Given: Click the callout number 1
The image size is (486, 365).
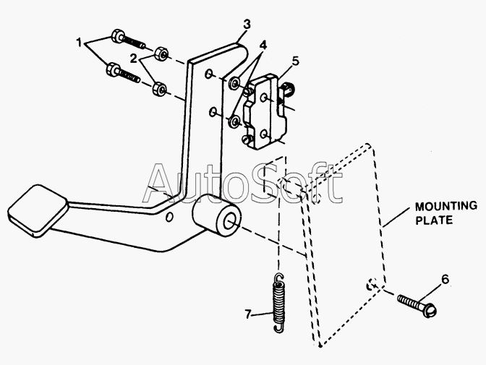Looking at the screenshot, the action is [x=80, y=42].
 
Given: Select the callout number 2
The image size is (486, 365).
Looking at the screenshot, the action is [x=133, y=58].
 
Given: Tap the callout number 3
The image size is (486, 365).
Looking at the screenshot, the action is [x=247, y=24].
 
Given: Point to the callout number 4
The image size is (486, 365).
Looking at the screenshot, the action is [x=263, y=46].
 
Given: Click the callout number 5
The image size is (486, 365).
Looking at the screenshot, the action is [x=296, y=61].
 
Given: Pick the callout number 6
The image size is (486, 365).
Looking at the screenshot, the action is [x=445, y=280].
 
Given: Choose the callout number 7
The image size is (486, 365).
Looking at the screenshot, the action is [x=247, y=314].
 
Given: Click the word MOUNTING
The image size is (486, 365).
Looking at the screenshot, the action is [x=446, y=206].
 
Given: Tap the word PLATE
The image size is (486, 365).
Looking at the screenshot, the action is [x=434, y=220].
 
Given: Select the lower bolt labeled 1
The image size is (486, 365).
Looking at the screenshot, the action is [x=123, y=72].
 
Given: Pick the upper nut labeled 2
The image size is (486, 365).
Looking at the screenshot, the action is [x=161, y=53].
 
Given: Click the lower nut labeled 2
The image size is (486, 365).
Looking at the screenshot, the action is [x=160, y=89].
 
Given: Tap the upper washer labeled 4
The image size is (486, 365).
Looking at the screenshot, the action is [x=234, y=83].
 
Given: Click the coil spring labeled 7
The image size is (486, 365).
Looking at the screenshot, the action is [x=278, y=303].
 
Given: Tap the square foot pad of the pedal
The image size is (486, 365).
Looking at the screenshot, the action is [x=37, y=211].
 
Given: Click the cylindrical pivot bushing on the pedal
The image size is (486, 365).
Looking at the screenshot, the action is [x=217, y=215].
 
